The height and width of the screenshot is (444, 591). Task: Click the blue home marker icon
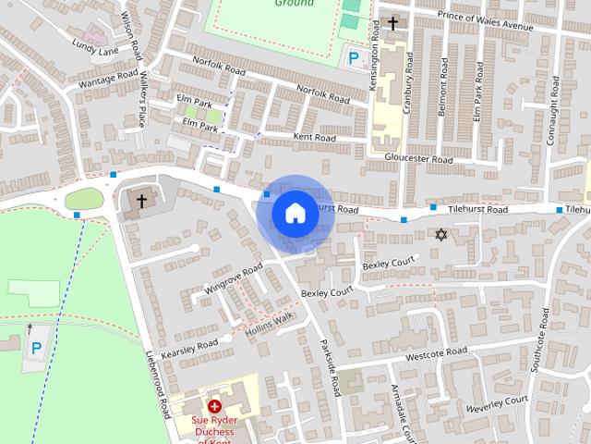tap(294, 213)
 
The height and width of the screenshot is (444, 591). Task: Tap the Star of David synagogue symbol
tap(440, 235)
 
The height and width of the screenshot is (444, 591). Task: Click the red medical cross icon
tap(214, 406)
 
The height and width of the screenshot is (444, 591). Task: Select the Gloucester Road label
tap(418, 159)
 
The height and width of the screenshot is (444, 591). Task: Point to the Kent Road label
tap(315, 137)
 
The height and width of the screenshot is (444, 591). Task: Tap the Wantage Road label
tap(109, 80)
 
